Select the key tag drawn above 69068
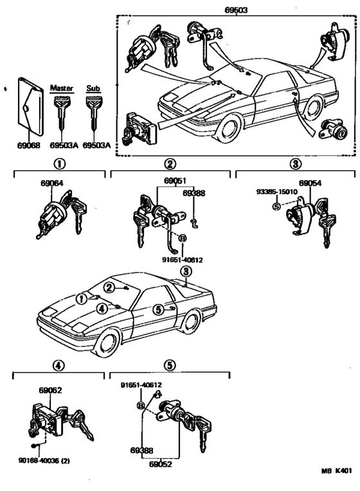(30, 110)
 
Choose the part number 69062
(50, 390)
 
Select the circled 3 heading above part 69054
(295, 164)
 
